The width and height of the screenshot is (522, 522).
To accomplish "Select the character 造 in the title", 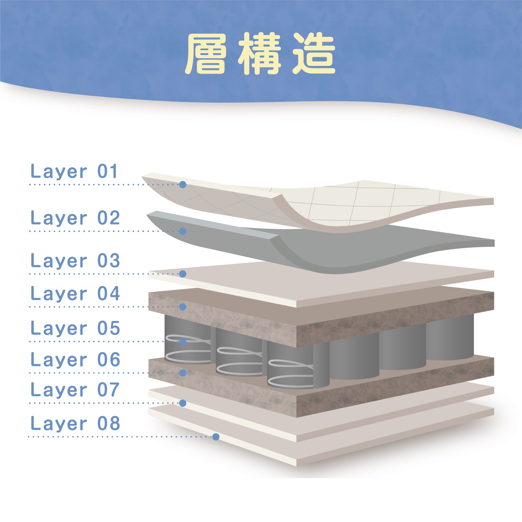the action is pyautogui.click(x=314, y=54).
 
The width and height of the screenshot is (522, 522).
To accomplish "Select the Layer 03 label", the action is pyautogui.click(x=75, y=261).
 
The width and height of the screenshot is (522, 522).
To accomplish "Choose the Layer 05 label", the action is pyautogui.click(x=75, y=329).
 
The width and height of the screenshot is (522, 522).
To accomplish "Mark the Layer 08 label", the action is pyautogui.click(x=75, y=424).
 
